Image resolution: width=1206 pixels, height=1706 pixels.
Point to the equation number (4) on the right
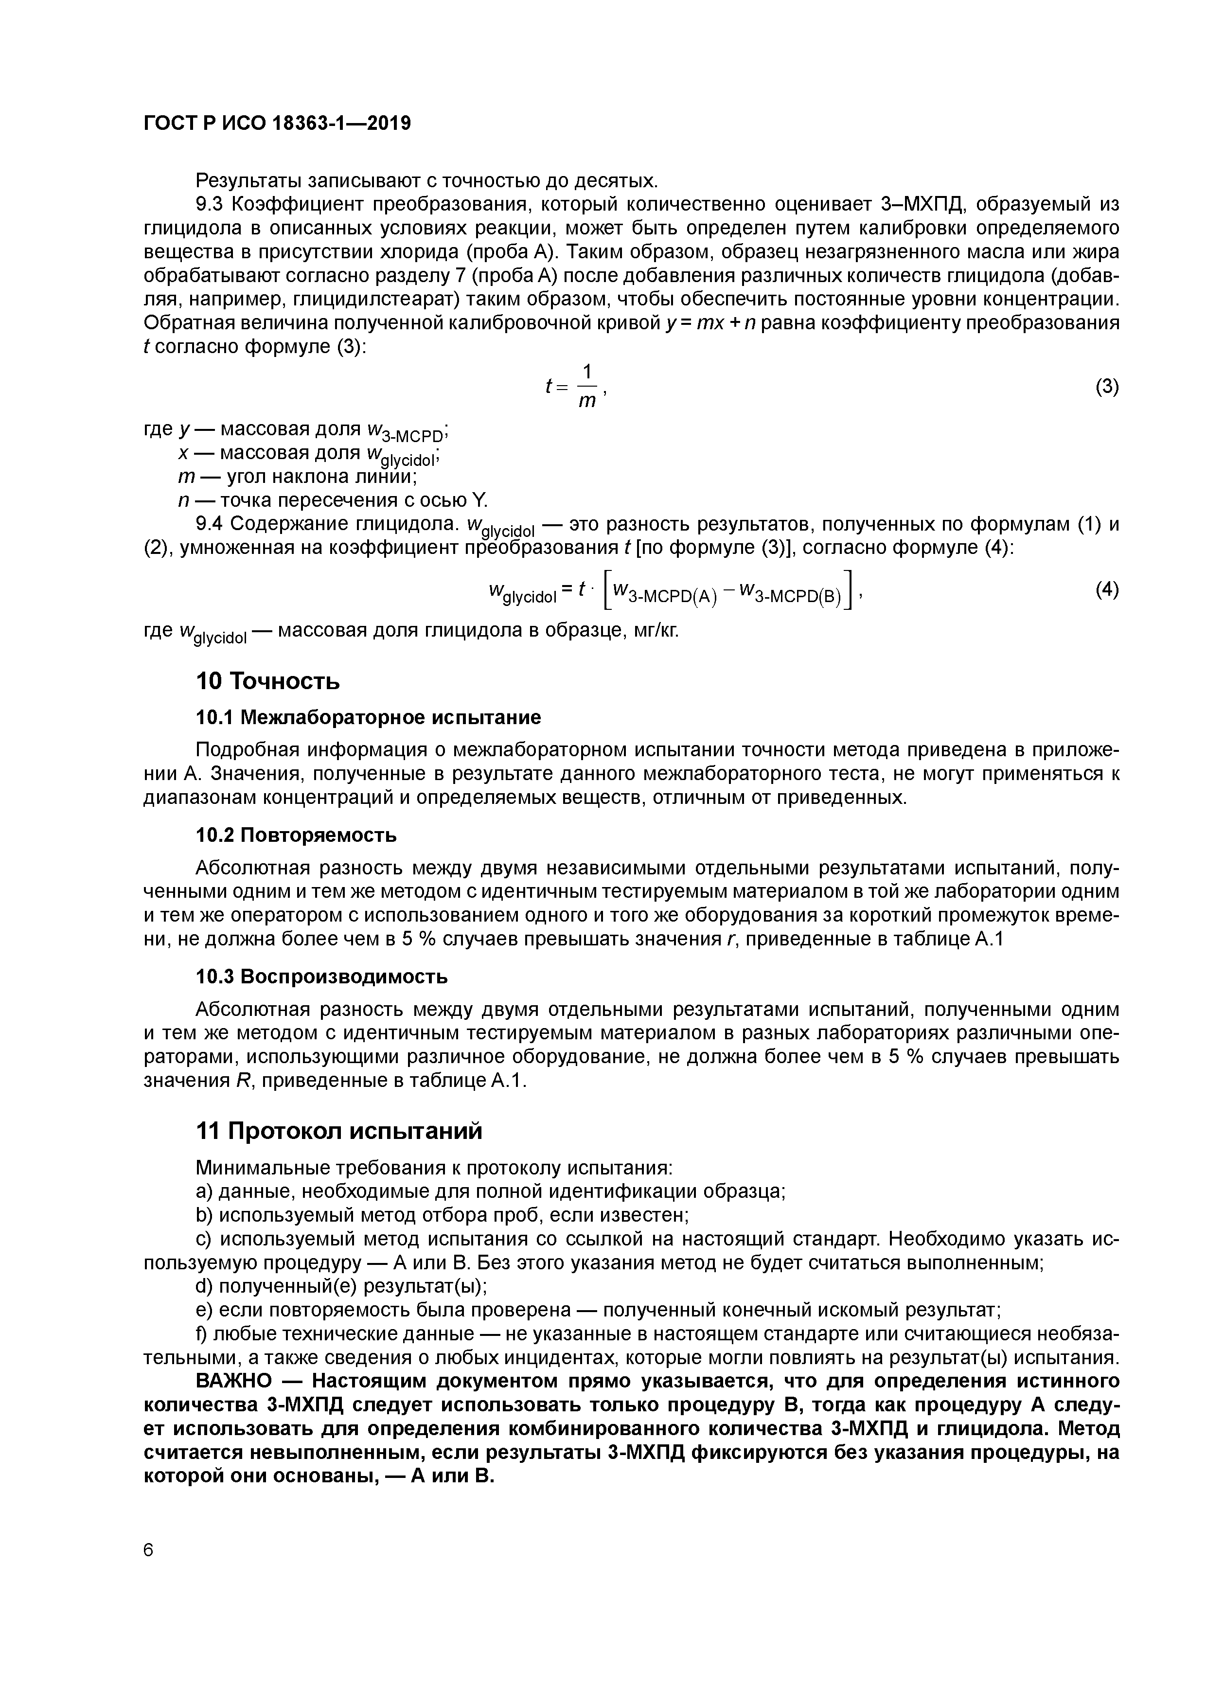[1106, 589]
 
